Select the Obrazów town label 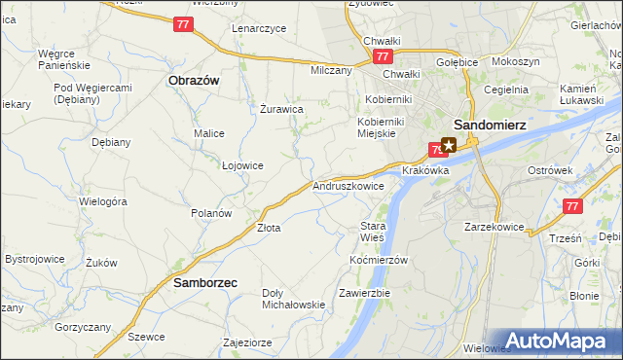194,81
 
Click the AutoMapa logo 556,342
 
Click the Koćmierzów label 379,260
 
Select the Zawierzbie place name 364,293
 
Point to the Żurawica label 281,110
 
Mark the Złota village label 268,228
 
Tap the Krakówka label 424,170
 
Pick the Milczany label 330,71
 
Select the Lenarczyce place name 259,28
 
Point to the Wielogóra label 104,201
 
